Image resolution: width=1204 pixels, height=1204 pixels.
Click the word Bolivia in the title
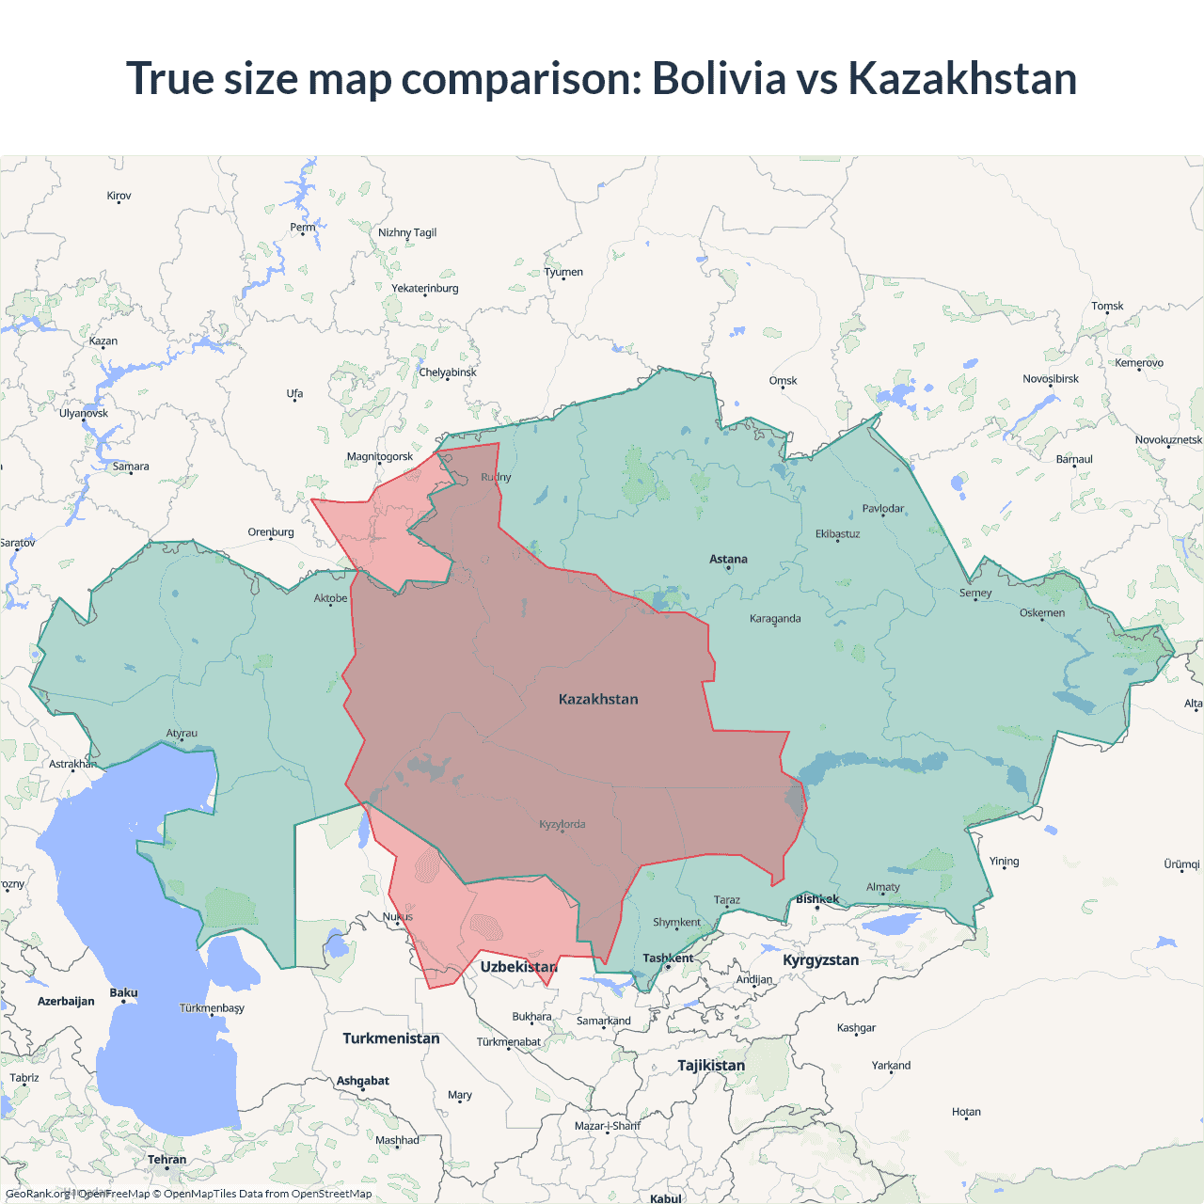point(719,78)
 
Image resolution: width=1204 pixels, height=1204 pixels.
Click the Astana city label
point(728,559)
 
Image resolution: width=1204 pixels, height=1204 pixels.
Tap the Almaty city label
point(882,887)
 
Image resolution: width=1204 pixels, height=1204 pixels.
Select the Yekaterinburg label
point(425,288)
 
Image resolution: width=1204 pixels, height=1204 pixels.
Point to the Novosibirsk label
point(1051,379)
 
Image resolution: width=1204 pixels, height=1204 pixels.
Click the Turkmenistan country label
point(390,1038)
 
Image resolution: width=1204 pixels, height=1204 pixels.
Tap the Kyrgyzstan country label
point(820,959)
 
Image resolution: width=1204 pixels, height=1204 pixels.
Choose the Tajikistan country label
point(711,1065)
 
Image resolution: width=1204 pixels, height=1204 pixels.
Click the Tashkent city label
point(668,958)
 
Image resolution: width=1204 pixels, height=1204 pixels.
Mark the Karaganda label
point(775,618)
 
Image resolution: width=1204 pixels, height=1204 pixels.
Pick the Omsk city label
point(783,380)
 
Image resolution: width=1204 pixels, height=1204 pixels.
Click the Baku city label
point(123,992)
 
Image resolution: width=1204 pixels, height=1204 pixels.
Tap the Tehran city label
point(166,1159)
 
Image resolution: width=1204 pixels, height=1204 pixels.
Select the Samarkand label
point(603,1021)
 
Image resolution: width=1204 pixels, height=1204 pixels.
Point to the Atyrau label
point(182,733)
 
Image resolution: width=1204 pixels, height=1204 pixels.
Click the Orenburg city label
point(271,532)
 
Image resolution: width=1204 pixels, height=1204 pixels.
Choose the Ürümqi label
point(1181,863)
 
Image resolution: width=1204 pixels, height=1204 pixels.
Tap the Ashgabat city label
point(362,1081)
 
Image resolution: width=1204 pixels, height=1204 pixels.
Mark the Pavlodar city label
point(882,509)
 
